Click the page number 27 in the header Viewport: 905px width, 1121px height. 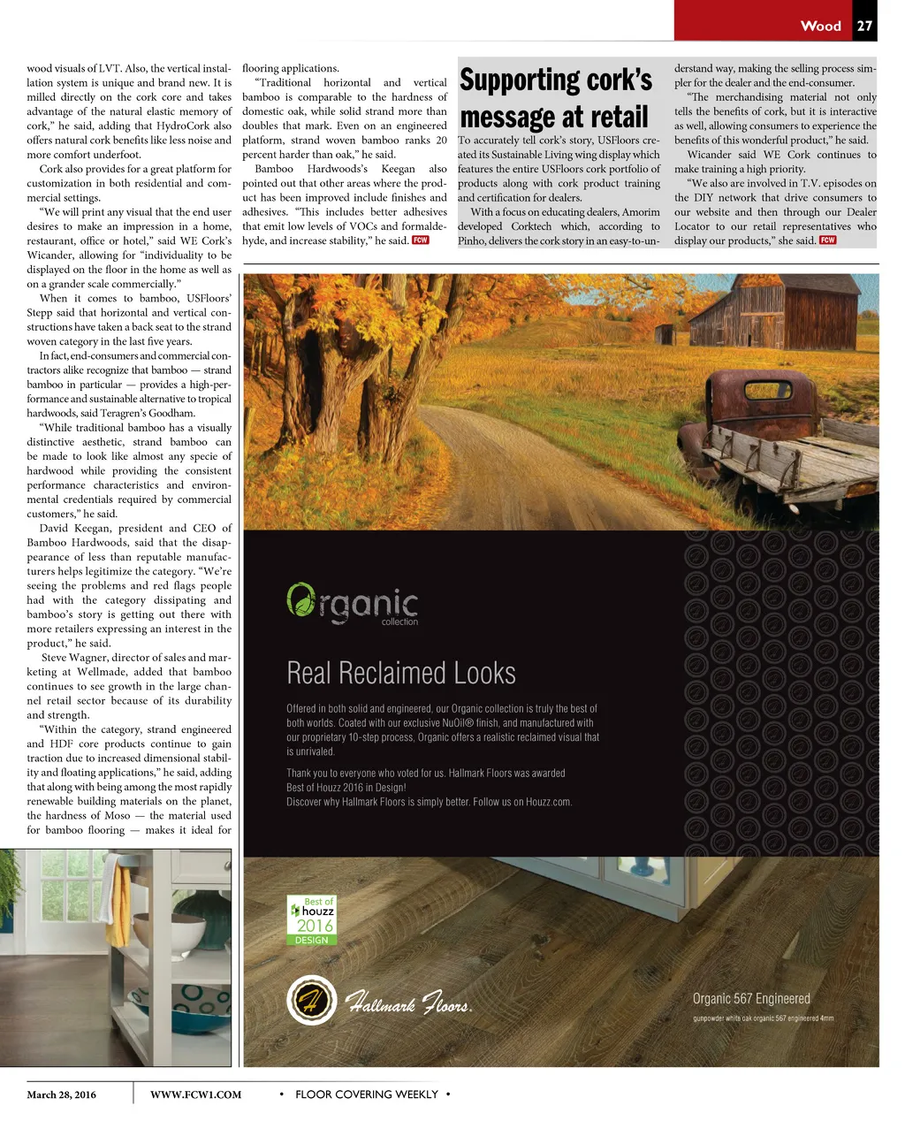[x=864, y=26]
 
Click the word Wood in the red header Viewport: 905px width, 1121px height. [x=820, y=26]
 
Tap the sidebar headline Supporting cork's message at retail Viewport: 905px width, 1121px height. [x=555, y=98]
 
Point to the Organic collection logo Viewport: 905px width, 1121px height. [x=353, y=604]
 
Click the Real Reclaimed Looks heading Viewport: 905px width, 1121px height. [x=401, y=674]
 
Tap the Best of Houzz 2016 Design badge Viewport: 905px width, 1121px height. [x=312, y=920]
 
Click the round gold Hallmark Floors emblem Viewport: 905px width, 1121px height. [x=311, y=1001]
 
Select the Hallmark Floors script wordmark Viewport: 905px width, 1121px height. [x=408, y=1003]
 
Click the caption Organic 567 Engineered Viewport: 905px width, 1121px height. [x=751, y=998]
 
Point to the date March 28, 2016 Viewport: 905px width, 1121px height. [x=61, y=1094]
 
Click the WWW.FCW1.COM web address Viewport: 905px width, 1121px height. [x=195, y=1094]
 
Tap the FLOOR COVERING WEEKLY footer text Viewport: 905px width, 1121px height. [x=366, y=1094]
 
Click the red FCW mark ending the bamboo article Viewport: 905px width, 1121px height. [x=421, y=240]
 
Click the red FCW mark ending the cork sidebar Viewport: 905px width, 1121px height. [x=827, y=240]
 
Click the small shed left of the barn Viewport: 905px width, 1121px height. [x=665, y=334]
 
